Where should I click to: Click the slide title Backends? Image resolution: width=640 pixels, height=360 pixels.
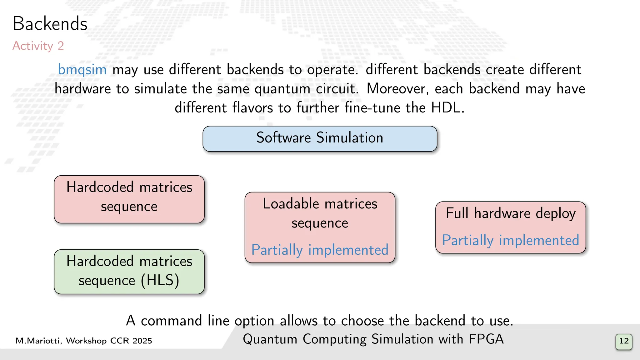(50, 24)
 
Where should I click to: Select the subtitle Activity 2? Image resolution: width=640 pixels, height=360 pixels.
(38, 46)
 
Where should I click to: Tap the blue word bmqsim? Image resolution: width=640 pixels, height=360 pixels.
(82, 69)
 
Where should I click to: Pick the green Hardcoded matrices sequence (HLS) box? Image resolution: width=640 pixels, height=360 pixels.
(129, 271)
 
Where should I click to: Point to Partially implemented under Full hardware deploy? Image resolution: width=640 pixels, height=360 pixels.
(511, 241)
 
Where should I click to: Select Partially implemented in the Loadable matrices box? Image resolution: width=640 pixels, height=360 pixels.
(320, 250)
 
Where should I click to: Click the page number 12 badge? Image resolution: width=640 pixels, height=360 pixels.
(624, 341)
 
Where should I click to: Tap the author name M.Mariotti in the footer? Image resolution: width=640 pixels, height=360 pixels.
(38, 341)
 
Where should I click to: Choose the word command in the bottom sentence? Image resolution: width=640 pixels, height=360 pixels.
(172, 321)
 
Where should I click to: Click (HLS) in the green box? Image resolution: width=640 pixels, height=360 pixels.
(160, 280)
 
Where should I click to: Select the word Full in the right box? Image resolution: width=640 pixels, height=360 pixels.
(457, 213)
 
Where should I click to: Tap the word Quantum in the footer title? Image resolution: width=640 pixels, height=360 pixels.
(270, 339)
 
